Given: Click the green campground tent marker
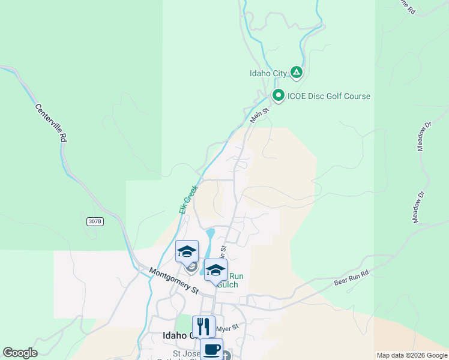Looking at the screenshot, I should click(296, 73).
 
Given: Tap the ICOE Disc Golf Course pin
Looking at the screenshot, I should click(278, 95).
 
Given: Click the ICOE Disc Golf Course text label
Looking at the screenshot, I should click(328, 96).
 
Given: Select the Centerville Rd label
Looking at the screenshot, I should click(50, 123).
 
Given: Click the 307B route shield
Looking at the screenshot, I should click(95, 221).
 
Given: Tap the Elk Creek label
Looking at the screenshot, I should click(188, 199).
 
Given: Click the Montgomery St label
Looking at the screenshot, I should click(173, 281).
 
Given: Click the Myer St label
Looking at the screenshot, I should click(228, 327).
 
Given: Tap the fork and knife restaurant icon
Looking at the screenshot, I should click(203, 326).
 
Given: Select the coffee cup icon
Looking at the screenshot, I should click(211, 349).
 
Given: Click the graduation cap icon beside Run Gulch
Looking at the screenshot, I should click(215, 269).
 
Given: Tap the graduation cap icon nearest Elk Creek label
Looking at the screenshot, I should click(187, 251).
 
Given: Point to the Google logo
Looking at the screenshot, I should click(20, 353).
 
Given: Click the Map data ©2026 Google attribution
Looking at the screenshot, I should click(411, 355).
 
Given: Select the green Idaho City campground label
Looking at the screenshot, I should click(268, 73).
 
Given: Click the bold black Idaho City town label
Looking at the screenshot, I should click(178, 336).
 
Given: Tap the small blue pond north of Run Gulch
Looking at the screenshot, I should click(209, 234).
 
